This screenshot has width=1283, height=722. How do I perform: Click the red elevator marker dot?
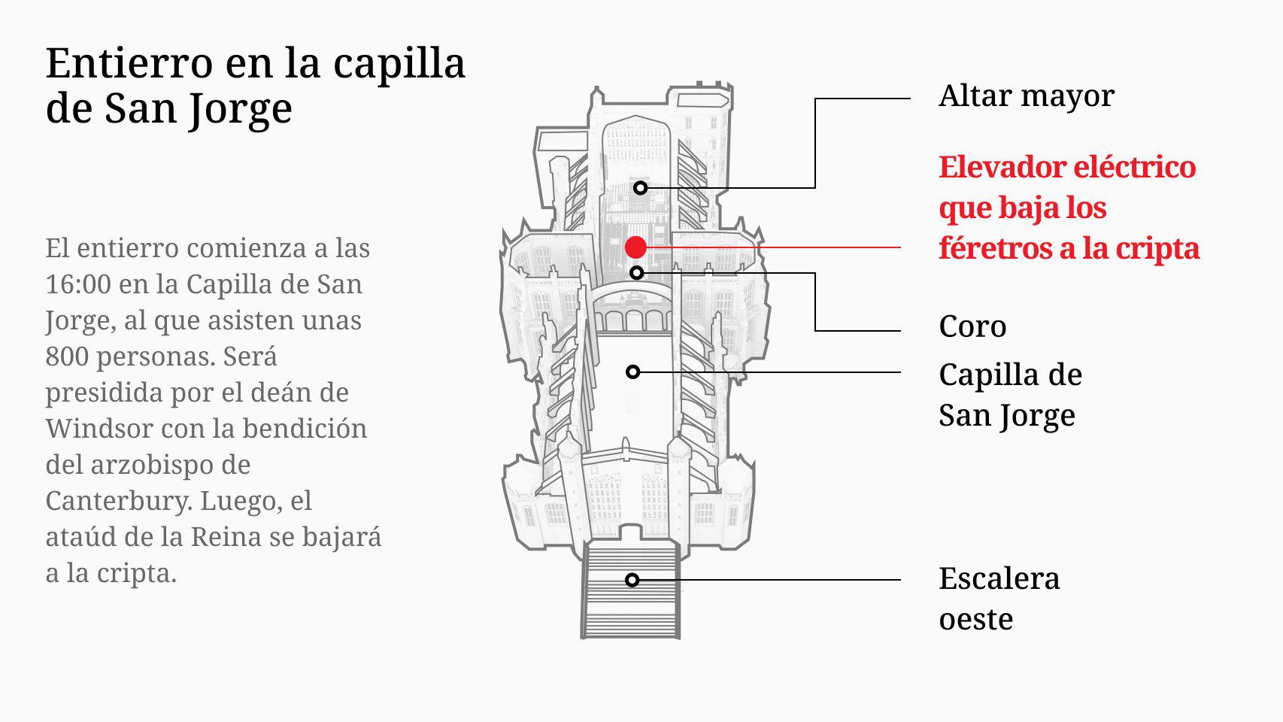635,247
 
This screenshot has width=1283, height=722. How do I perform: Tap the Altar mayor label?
1026,96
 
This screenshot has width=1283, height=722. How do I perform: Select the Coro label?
972,326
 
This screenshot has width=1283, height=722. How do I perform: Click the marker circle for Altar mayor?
640,187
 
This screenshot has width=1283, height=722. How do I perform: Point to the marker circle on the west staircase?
632,580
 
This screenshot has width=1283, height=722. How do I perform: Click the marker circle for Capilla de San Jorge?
633,372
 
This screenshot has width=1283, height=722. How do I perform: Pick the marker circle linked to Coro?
636,272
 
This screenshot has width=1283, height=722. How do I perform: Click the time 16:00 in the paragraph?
76,284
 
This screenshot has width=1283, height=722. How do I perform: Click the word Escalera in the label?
999,578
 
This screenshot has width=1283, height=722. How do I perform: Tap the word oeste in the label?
975,620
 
